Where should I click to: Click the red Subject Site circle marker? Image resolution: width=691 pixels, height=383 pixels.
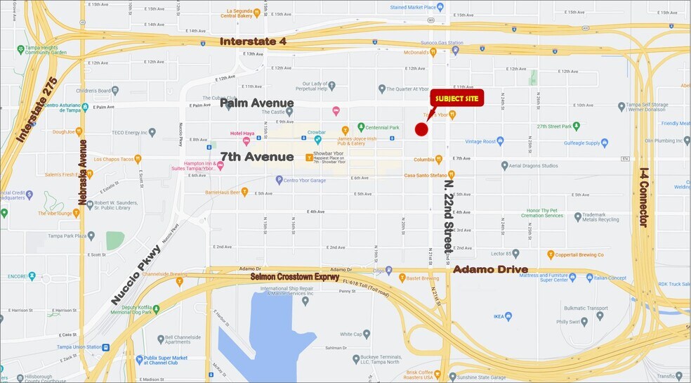click(x=421, y=129)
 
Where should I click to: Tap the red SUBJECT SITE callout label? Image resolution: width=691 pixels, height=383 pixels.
click(x=457, y=98)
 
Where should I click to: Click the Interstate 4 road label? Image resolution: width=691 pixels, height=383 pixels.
click(x=253, y=41)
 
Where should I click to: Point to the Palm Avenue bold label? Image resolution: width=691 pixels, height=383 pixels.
click(x=256, y=103)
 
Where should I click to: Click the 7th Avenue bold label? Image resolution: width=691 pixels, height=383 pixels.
click(x=256, y=156)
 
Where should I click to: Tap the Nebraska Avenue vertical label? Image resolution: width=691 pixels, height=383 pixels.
click(x=83, y=173)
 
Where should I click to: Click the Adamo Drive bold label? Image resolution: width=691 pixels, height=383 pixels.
click(x=490, y=269)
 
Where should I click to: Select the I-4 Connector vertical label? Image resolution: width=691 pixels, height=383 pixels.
click(x=642, y=197)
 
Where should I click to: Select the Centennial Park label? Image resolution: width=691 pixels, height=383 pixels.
click(x=383, y=128)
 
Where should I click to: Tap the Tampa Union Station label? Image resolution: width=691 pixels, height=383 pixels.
click(x=77, y=346)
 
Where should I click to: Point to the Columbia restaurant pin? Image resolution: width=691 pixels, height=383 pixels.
click(x=439, y=160)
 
